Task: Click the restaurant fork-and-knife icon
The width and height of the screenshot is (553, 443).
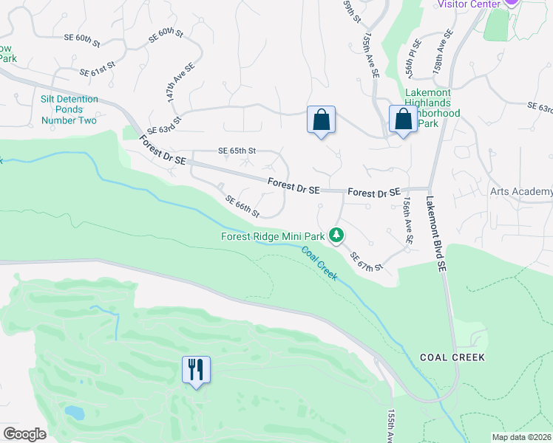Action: click(196, 369)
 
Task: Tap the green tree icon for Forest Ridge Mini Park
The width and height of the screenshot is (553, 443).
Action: click(337, 236)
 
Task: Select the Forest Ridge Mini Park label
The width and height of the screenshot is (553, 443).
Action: click(273, 237)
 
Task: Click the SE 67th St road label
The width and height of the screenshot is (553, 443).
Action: click(367, 261)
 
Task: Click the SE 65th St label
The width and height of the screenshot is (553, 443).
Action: click(237, 150)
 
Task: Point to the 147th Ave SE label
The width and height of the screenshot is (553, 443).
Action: click(180, 82)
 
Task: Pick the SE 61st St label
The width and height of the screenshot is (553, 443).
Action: click(98, 69)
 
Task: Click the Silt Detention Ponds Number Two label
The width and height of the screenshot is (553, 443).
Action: click(69, 110)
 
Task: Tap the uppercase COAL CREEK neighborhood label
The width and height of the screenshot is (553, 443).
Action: click(452, 357)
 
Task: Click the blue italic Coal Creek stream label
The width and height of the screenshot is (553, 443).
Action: click(319, 263)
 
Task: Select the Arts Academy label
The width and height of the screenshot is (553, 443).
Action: click(521, 191)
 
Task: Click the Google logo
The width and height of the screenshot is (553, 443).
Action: click(24, 434)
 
